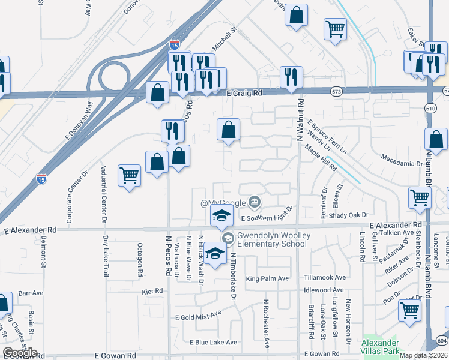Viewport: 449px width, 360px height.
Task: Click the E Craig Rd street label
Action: (x=244, y=94)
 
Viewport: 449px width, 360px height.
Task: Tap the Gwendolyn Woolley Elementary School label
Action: (x=274, y=240)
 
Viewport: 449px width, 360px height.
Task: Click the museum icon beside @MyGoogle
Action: (x=255, y=201)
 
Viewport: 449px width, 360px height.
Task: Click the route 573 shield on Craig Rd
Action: (x=336, y=91)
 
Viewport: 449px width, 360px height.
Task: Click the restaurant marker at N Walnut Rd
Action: (x=291, y=76)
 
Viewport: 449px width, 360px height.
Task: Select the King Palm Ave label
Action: (x=267, y=278)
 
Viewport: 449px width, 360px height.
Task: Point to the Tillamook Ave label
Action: (x=325, y=278)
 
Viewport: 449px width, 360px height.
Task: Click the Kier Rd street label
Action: (x=152, y=290)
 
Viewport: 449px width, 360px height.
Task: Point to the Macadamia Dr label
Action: (x=402, y=163)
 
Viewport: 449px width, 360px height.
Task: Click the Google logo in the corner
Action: (x=20, y=353)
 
